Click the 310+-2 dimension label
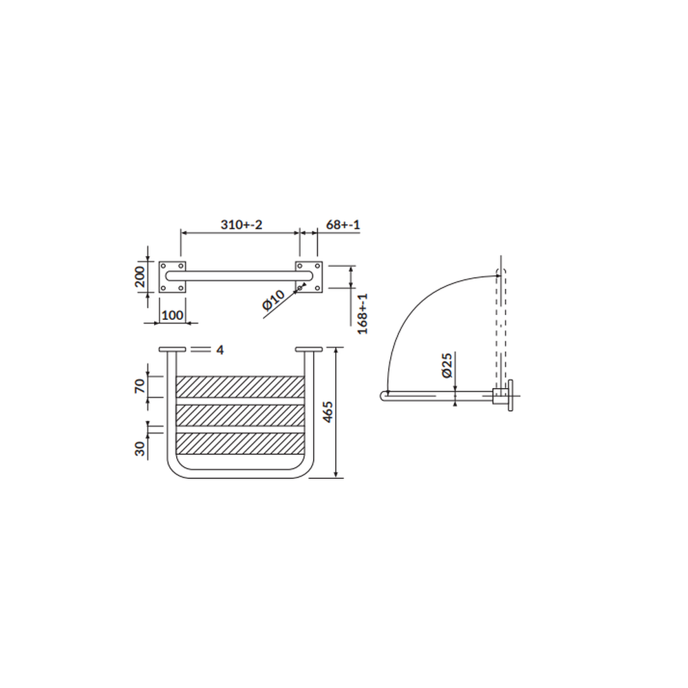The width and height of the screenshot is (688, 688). pyautogui.click(x=241, y=225)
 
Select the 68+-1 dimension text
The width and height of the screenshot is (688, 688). pyautogui.click(x=343, y=225)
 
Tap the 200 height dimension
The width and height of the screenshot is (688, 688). pyautogui.click(x=140, y=277)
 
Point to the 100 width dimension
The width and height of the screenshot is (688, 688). pyautogui.click(x=173, y=316)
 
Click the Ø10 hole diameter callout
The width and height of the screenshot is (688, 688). pyautogui.click(x=274, y=300)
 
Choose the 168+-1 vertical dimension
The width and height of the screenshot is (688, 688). pyautogui.click(x=363, y=314)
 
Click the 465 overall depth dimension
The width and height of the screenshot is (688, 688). pyautogui.click(x=328, y=412)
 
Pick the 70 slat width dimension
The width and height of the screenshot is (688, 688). pyautogui.click(x=140, y=386)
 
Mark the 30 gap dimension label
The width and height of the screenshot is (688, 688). pyautogui.click(x=140, y=449)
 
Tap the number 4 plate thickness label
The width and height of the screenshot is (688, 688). pyautogui.click(x=220, y=350)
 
